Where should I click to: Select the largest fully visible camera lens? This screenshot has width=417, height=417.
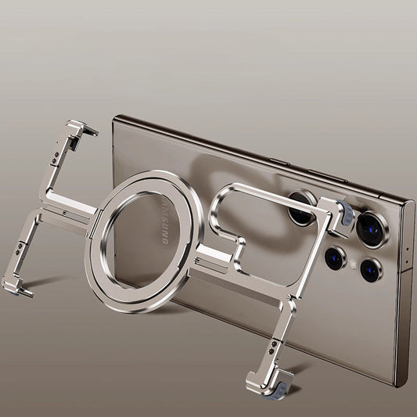pyautogui.click(x=372, y=229)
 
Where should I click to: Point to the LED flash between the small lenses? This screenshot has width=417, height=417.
pyautogui.click(x=354, y=264)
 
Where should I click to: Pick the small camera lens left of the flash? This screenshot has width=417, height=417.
pyautogui.click(x=335, y=257)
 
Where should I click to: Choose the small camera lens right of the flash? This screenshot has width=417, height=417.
pyautogui.click(x=372, y=270)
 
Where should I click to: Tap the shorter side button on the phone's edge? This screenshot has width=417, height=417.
pyautogui.click(x=279, y=162)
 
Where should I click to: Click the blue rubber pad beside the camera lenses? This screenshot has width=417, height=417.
pyautogui.click(x=346, y=214)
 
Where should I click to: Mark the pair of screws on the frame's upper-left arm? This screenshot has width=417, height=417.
pyautogui.click(x=56, y=157)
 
